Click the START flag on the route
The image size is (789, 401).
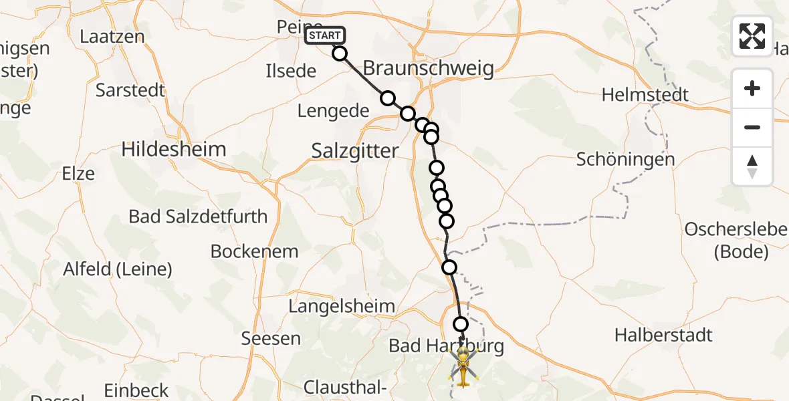[x=324, y=35]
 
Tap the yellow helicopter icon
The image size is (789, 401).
[x=463, y=366]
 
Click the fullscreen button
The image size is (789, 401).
[x=752, y=35]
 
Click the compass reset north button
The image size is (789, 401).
[x=752, y=166]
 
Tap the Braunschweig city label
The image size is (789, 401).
[x=428, y=68]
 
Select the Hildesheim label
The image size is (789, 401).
[x=174, y=149]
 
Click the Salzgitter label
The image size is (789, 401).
[x=355, y=151]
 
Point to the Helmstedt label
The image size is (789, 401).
[x=645, y=95]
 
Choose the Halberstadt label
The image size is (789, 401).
[x=663, y=335]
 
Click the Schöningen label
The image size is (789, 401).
[x=625, y=160]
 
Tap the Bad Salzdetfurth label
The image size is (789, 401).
[x=198, y=217]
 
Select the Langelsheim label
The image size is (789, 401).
[x=342, y=306]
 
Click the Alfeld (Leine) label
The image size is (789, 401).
[x=118, y=269]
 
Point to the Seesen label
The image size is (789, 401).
[x=271, y=338]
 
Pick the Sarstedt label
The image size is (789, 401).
[x=130, y=90]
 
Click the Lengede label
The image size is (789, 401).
[x=333, y=111]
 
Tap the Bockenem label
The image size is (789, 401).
[x=254, y=251]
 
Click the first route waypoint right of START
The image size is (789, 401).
[x=340, y=53]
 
